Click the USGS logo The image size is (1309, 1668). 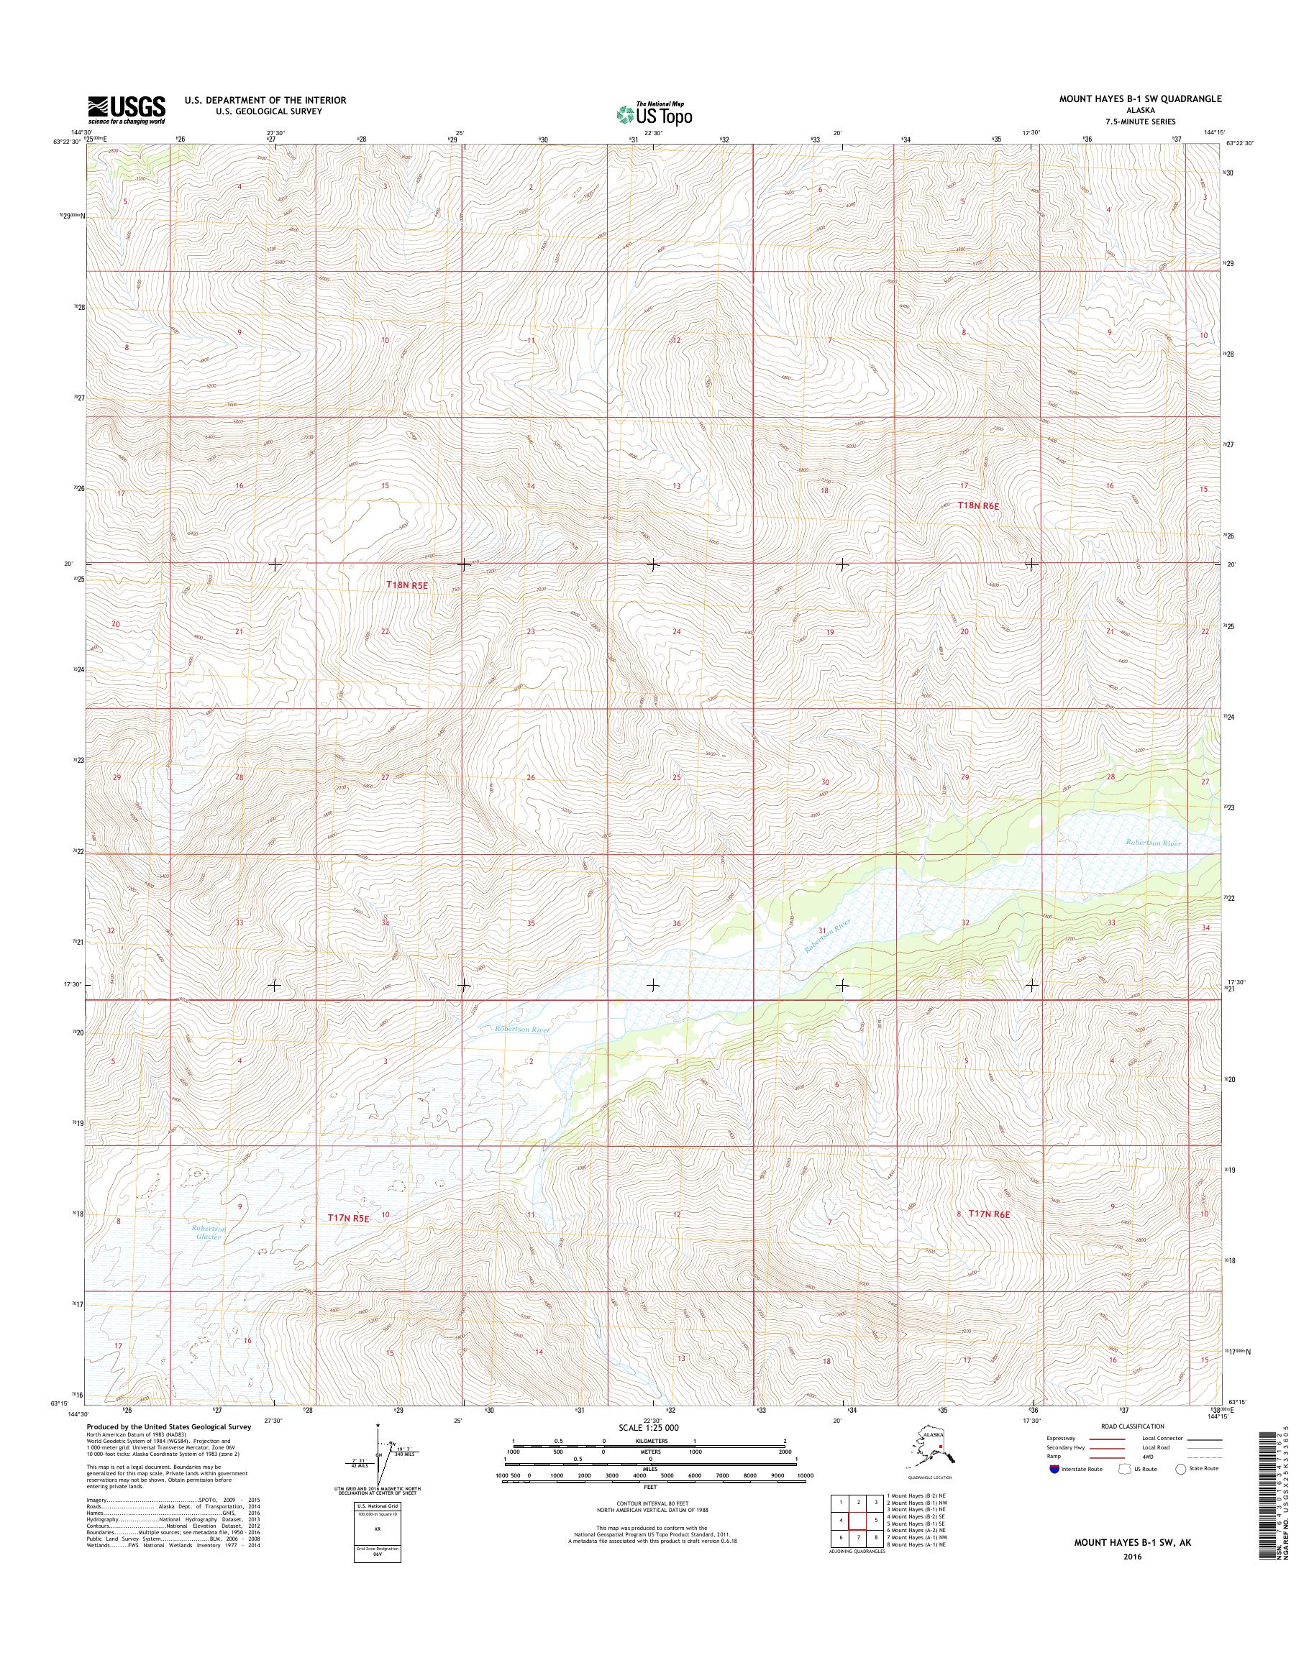pyautogui.click(x=127, y=109)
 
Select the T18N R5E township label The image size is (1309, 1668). pyautogui.click(x=406, y=585)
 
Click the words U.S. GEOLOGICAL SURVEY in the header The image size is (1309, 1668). pyautogui.click(x=253, y=111)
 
